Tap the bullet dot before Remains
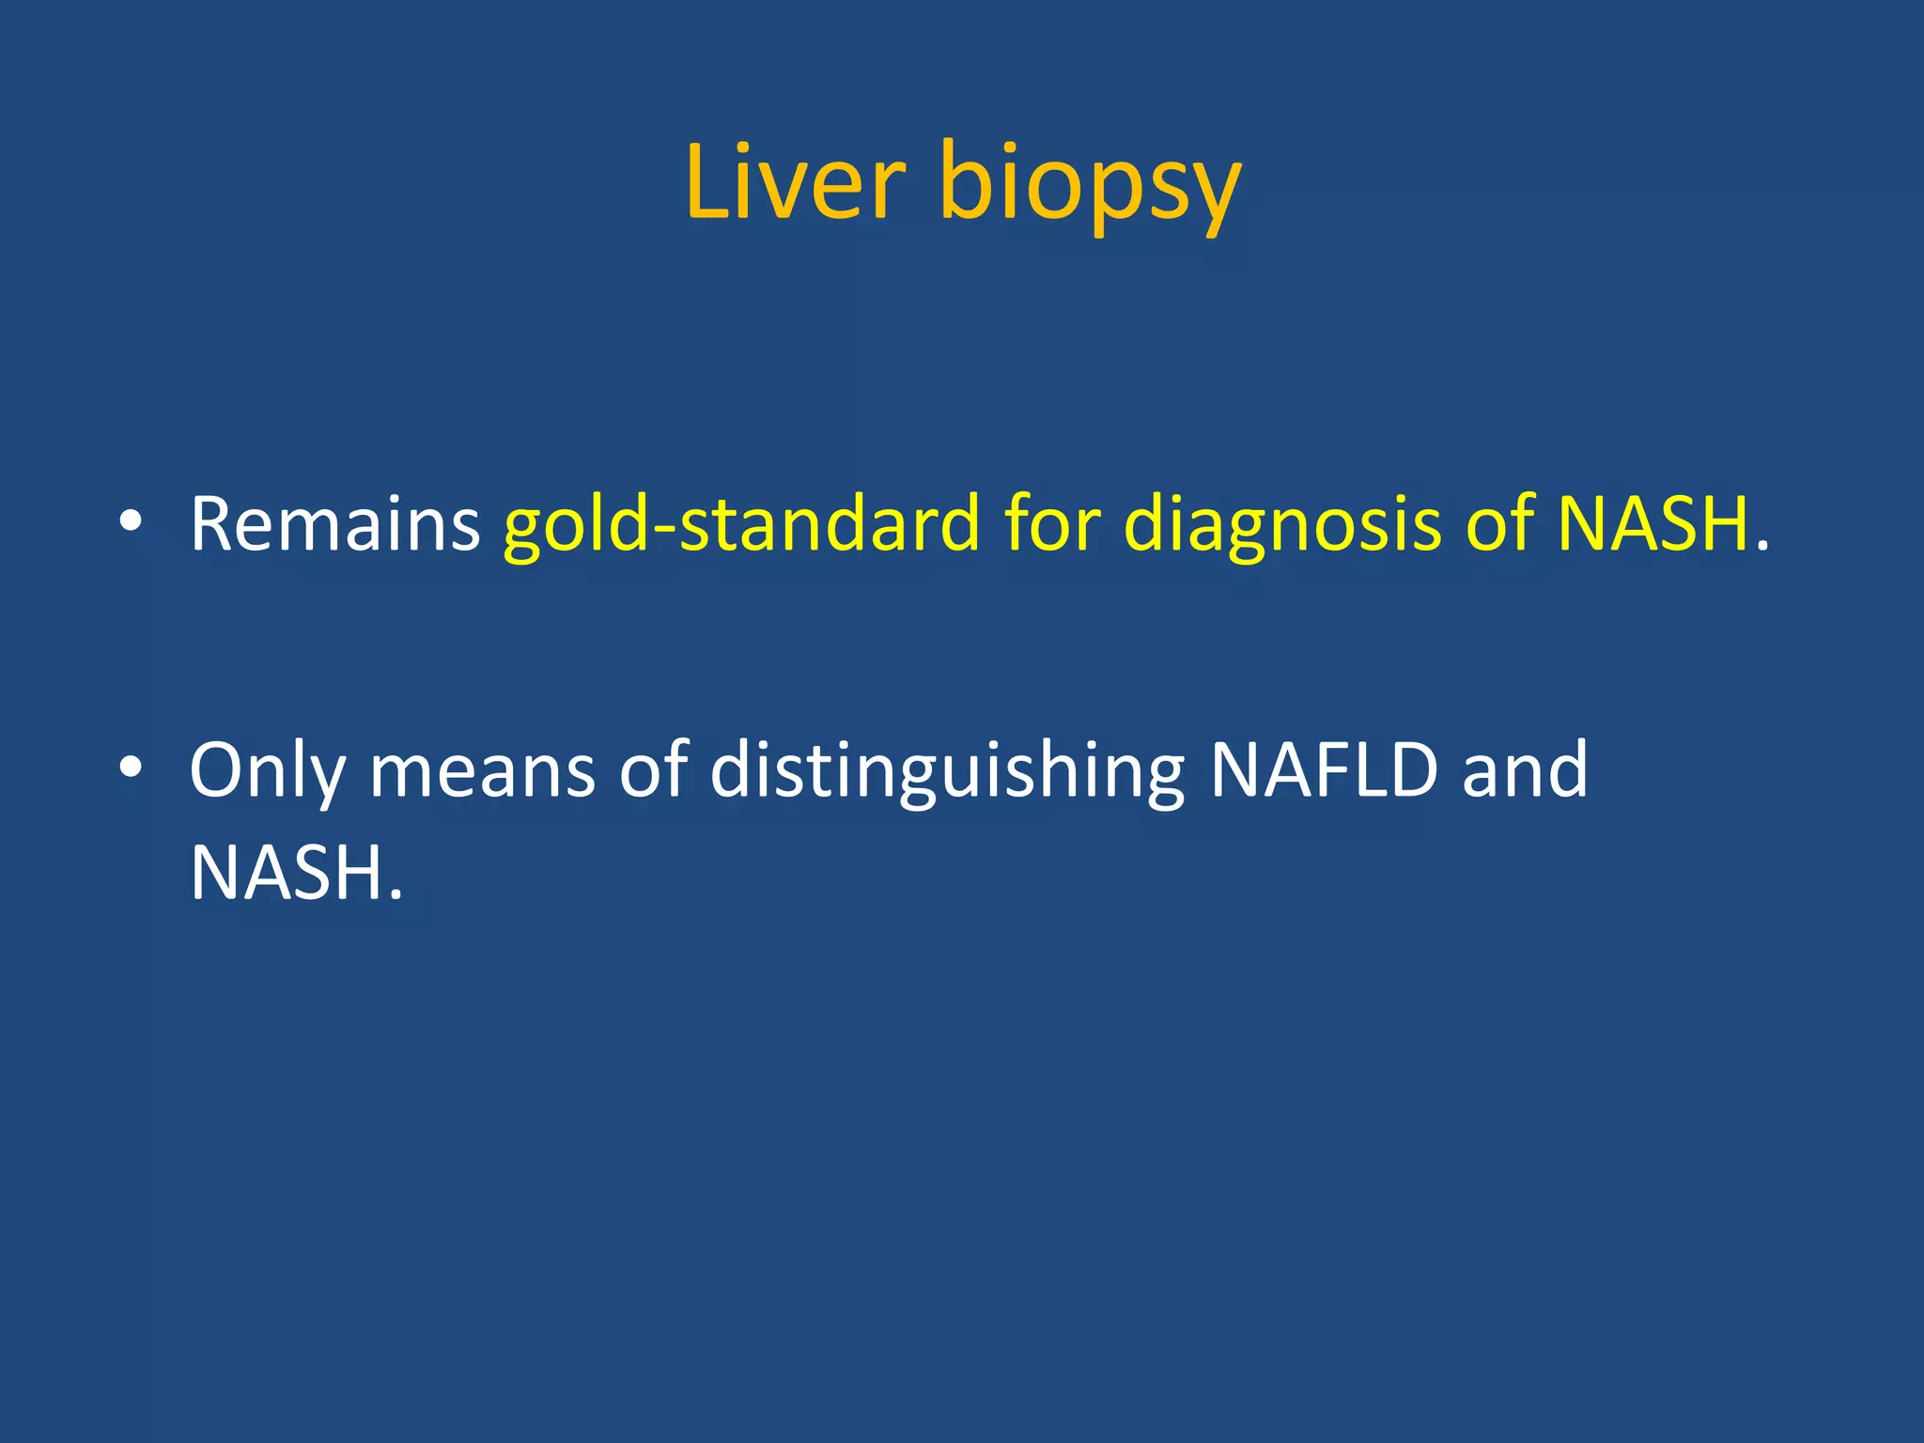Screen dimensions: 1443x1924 tap(131, 522)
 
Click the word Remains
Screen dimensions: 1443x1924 tap(335, 524)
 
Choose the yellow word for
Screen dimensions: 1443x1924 tap(1052, 522)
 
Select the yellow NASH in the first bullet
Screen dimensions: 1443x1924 tap(1653, 524)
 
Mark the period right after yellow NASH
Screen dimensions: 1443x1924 tap(1761, 545)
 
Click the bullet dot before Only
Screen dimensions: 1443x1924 tap(131, 768)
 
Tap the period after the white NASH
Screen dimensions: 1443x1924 tap(395, 892)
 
